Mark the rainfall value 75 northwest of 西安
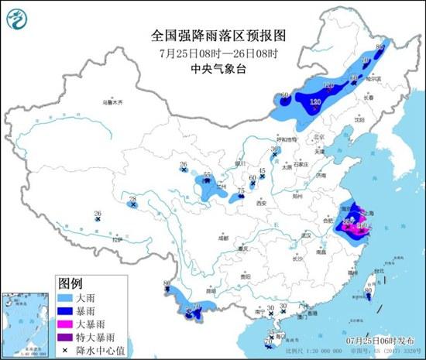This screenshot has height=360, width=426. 241,190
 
